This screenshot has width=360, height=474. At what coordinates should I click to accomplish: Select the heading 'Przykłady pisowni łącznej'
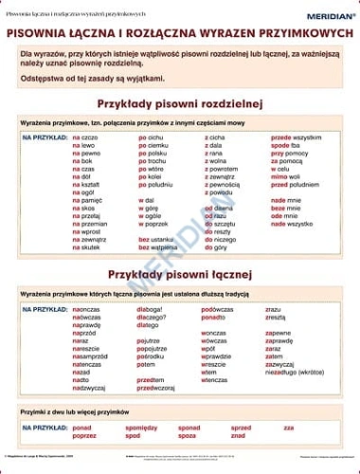pyautogui.click(x=180, y=274)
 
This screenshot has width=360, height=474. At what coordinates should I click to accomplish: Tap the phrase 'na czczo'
pyautogui.click(x=86, y=137)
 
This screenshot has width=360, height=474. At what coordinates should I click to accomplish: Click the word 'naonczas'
pyautogui.click(x=86, y=309)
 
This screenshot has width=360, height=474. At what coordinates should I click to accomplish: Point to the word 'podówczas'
pyautogui.click(x=218, y=309)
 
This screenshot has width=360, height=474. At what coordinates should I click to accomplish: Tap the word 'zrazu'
pyautogui.click(x=273, y=309)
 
